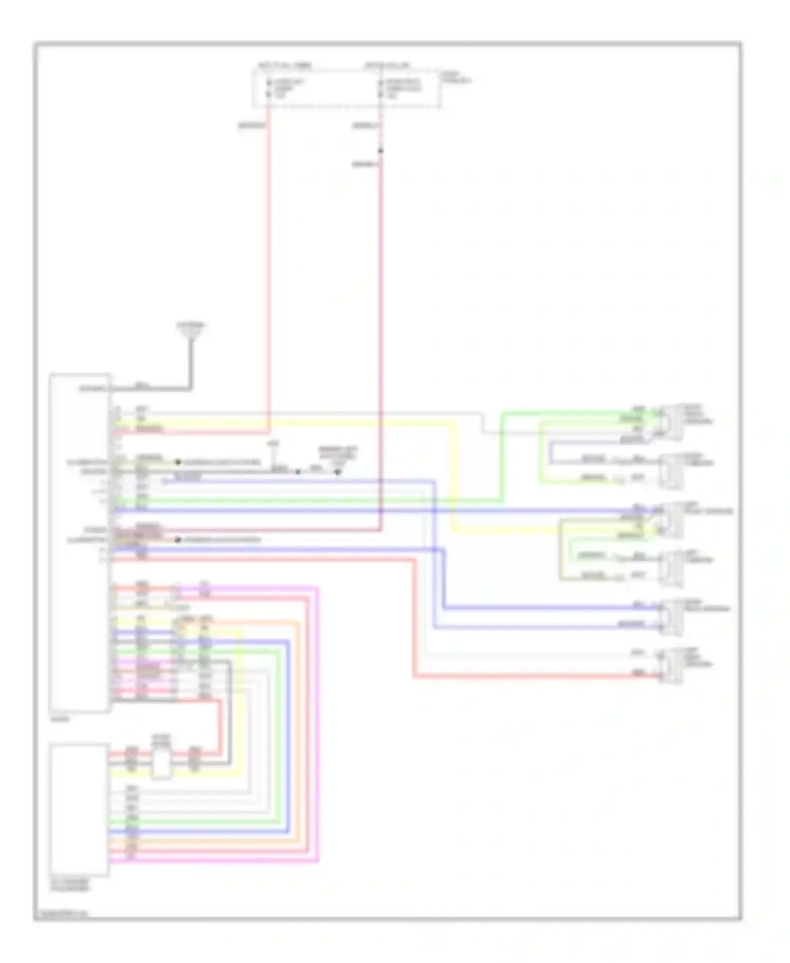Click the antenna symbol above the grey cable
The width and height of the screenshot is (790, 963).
point(191,331)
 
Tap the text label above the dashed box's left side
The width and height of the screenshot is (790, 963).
point(284,66)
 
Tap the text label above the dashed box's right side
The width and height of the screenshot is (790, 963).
point(387,66)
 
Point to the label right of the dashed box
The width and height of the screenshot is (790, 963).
point(457,77)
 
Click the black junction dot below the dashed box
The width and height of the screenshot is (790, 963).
point(381,151)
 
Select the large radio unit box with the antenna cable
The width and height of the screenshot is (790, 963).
point(80,543)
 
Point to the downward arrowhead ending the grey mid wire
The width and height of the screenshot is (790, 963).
point(338,473)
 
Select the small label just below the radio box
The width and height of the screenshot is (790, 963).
point(59,719)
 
